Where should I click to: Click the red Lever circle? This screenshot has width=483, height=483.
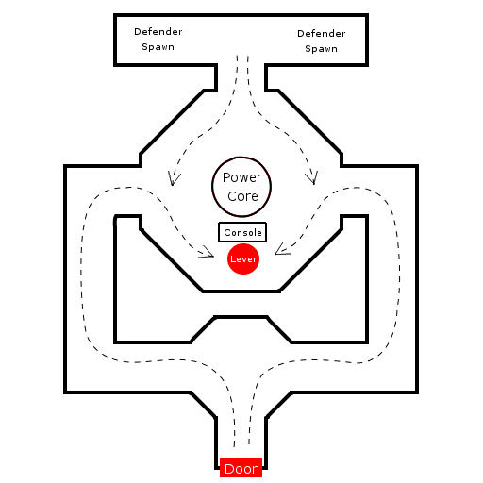click(243, 258)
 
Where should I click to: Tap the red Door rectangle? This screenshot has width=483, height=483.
click(241, 468)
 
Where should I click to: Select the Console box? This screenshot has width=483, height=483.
click(242, 232)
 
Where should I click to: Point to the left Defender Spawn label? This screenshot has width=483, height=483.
click(158, 39)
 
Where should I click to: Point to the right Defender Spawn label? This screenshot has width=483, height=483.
click(322, 41)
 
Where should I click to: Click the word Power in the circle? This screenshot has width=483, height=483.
click(242, 177)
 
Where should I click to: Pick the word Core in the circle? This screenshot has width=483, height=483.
click(242, 196)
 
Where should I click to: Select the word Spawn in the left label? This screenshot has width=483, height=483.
click(158, 47)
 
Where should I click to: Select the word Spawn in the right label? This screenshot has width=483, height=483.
click(322, 49)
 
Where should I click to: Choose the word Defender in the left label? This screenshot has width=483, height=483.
click(158, 31)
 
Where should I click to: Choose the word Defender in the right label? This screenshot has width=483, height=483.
click(322, 33)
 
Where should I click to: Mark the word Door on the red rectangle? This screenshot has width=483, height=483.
click(241, 469)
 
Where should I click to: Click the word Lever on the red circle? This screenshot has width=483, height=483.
click(243, 259)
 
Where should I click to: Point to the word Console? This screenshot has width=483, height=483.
click(242, 232)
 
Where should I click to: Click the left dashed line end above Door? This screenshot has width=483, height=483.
click(234, 446)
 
